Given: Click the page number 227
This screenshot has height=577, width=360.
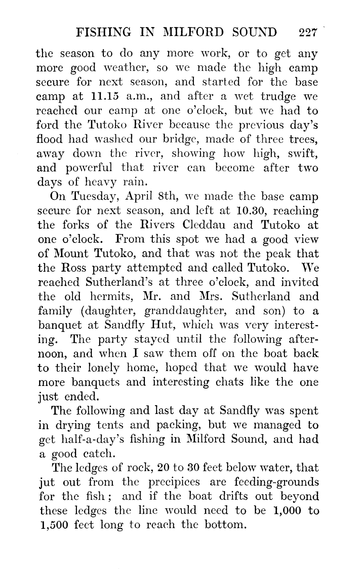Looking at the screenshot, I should point(307,33).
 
